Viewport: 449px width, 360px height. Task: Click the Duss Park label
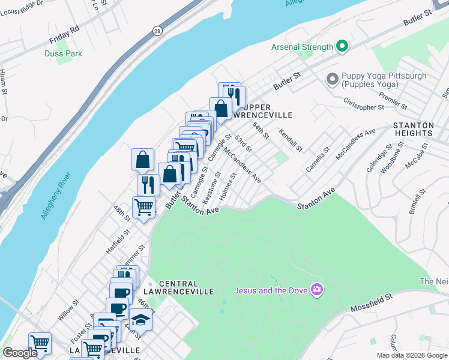click(63, 53)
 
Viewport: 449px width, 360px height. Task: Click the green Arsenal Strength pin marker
click(342, 46)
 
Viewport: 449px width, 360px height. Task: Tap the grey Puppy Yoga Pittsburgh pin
click(331, 79)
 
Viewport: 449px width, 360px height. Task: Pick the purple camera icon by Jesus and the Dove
click(316, 290)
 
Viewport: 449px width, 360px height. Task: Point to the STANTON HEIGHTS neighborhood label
click(421, 130)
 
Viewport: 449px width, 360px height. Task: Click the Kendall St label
click(290, 140)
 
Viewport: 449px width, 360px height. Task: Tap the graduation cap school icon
click(140, 320)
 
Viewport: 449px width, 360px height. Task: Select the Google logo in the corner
click(20, 353)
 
